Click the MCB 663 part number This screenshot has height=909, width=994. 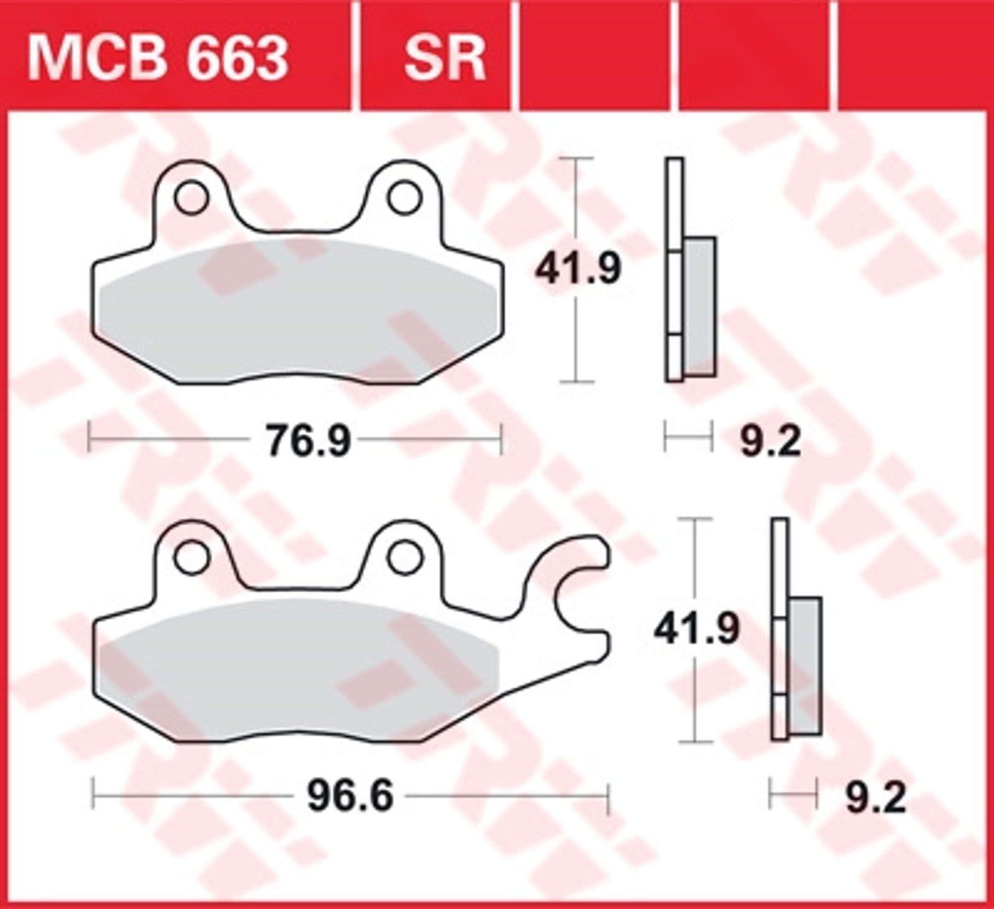pyautogui.click(x=158, y=58)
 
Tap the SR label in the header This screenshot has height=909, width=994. pyautogui.click(x=444, y=58)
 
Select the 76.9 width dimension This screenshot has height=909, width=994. pyautogui.click(x=308, y=440)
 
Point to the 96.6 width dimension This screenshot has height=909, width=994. pyautogui.click(x=350, y=796)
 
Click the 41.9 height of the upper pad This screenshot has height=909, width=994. pyautogui.click(x=578, y=269)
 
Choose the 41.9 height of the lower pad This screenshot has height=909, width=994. pyautogui.click(x=696, y=629)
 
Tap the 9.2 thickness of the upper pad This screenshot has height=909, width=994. pyautogui.click(x=770, y=440)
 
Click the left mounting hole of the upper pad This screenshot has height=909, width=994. pyautogui.click(x=191, y=197)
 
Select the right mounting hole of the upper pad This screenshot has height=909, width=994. pyautogui.click(x=404, y=197)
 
